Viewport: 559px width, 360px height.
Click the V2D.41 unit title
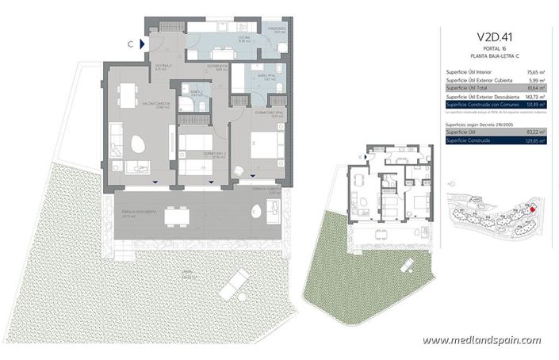pos(492,36)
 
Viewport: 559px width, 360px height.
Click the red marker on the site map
pos(533,209)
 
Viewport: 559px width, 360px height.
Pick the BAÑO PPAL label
pos(264,77)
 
